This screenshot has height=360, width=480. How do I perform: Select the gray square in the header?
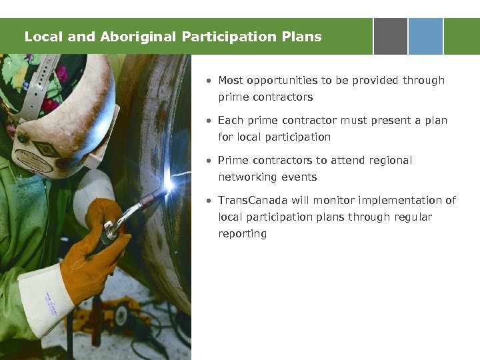[x=390, y=36]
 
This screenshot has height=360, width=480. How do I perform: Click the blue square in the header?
[x=425, y=36]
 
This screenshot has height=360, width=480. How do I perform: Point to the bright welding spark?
[x=169, y=184]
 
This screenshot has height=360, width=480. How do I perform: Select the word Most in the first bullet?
[x=231, y=81]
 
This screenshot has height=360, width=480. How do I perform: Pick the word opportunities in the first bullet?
[x=282, y=81]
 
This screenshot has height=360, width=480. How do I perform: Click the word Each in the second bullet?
[x=230, y=121]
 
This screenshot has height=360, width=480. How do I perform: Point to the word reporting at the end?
[x=242, y=234]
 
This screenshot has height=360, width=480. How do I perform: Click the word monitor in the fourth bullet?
[x=323, y=201]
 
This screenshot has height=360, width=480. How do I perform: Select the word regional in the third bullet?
[x=390, y=161]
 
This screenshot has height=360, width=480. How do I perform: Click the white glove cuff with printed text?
[x=47, y=300]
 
